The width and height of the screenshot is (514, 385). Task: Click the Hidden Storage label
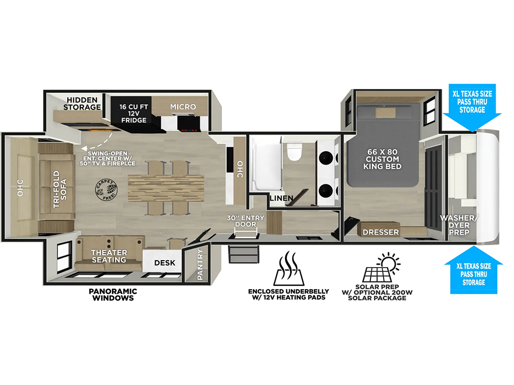(82, 103)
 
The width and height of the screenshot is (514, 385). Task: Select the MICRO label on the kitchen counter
(183, 107)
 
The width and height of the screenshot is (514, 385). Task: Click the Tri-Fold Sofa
(56, 189)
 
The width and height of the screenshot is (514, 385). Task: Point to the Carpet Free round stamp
(106, 190)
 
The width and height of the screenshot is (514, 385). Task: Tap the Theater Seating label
(109, 256)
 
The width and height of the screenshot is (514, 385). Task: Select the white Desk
(163, 261)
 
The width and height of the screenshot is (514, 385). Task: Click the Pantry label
(200, 265)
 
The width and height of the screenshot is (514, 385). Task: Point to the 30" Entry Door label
(245, 221)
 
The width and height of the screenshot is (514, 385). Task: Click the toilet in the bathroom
(294, 151)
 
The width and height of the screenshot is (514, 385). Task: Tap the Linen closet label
(281, 198)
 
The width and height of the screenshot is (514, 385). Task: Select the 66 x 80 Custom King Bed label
(382, 159)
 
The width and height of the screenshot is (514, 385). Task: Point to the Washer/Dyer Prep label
(459, 225)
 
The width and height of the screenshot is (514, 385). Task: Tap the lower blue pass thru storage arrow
(474, 270)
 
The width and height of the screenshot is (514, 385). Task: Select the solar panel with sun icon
(381, 267)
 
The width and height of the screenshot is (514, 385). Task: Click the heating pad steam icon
(289, 268)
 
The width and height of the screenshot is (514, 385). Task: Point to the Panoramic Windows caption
(113, 294)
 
